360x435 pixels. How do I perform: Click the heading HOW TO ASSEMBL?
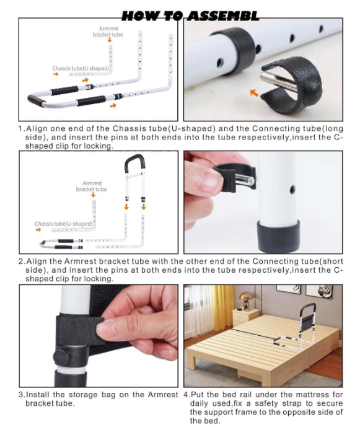[190, 16]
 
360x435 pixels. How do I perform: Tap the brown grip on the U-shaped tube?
[35, 100]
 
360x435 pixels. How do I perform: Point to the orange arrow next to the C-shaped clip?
[254, 93]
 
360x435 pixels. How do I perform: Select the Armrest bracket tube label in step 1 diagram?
[108, 32]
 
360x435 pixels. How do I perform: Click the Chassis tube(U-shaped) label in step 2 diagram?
[64, 224]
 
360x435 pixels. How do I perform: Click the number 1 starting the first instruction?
[20, 129]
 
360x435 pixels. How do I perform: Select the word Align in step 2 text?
[37, 261]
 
